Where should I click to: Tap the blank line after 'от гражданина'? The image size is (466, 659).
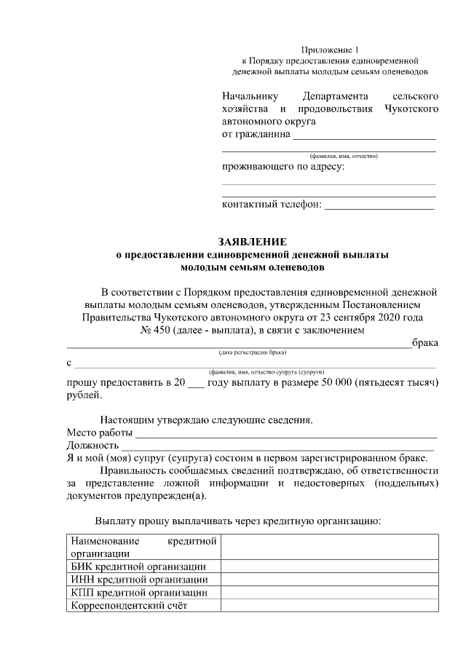(x=364, y=136)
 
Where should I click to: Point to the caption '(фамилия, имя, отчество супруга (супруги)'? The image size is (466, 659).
(x=271, y=371)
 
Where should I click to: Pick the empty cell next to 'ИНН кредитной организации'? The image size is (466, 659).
(x=329, y=580)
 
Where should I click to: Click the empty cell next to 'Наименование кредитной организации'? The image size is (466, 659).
(x=329, y=546)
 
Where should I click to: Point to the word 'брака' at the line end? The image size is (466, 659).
(x=424, y=343)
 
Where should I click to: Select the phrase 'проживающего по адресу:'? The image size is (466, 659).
(x=283, y=167)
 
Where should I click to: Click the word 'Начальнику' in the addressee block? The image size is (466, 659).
(x=250, y=96)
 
